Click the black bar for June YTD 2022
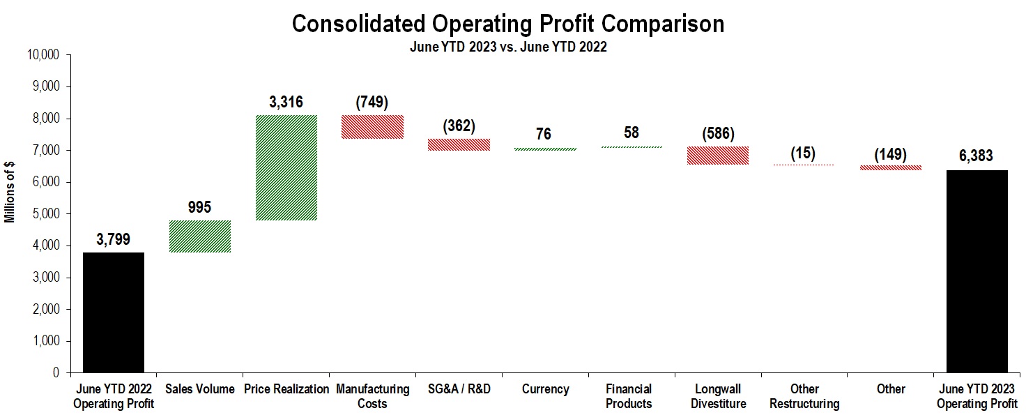tap(114, 312)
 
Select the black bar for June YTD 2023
tap(977, 271)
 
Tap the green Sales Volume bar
tap(200, 236)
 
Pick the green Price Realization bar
tap(286, 167)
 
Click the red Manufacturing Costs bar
tap(372, 126)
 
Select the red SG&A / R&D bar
tap(459, 144)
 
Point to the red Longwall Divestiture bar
tap(718, 155)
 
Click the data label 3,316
tap(286, 102)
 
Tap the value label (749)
tap(372, 102)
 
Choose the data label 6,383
tap(977, 156)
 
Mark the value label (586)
tap(718, 133)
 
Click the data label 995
tap(200, 207)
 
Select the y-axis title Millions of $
tap(10, 192)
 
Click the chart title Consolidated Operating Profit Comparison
tap(507, 24)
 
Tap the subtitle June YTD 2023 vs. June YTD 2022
tap(507, 47)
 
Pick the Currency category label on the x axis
tap(545, 389)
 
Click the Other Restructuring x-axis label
tap(804, 396)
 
